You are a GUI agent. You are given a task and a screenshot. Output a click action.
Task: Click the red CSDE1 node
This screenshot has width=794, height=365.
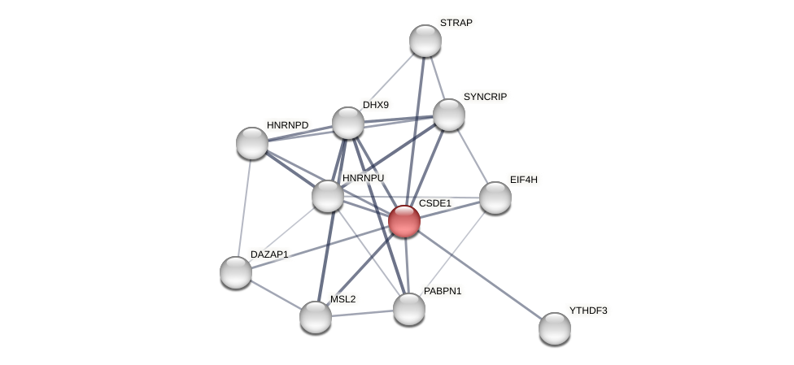(x=404, y=221)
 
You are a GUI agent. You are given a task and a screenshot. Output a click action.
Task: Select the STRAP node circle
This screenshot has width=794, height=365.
(x=425, y=41)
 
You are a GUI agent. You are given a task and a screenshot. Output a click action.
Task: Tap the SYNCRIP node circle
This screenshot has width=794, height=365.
(x=448, y=115)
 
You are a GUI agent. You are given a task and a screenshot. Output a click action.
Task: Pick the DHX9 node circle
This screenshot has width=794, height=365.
(x=348, y=123)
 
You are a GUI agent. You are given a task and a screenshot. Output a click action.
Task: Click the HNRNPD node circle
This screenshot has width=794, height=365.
(x=252, y=143)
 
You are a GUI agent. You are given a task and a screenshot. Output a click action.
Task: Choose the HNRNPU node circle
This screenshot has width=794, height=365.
(x=328, y=196)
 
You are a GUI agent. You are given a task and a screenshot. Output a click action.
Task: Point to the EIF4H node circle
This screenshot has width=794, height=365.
(x=495, y=198)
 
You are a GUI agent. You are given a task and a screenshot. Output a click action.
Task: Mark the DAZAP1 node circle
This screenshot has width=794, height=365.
(x=236, y=272)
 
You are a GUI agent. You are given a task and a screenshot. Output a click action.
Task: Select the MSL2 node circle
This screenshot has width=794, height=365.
(x=316, y=317)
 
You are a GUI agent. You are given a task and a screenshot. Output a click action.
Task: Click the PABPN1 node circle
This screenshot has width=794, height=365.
(x=408, y=309)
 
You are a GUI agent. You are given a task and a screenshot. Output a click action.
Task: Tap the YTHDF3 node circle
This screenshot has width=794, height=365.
(x=555, y=328)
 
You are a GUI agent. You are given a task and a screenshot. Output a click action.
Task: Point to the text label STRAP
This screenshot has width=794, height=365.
(x=456, y=23)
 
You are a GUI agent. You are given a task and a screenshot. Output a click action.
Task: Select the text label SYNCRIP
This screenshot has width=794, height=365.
(x=485, y=97)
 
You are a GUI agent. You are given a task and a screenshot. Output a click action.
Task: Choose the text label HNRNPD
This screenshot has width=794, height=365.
(x=288, y=125)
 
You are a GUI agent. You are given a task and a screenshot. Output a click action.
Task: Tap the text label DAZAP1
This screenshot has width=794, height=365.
(x=269, y=254)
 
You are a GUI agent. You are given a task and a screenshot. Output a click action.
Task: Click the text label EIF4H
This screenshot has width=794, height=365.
(x=524, y=180)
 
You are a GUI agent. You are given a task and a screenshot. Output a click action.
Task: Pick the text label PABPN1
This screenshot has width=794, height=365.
(x=443, y=291)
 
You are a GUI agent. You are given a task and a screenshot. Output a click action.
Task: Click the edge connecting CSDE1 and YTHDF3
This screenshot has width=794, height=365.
(x=480, y=275)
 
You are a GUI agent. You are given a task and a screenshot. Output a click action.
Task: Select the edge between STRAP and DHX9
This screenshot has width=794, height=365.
(x=386, y=81)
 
